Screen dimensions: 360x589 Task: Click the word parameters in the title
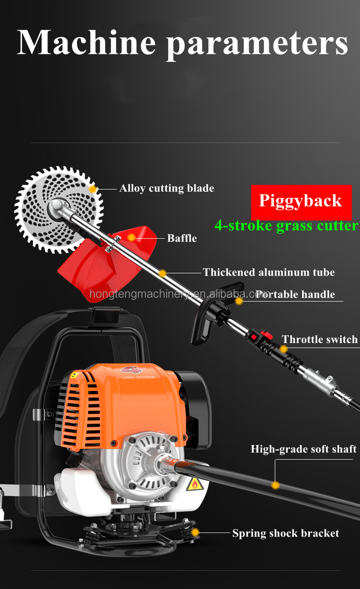pyautogui.click(x=257, y=43)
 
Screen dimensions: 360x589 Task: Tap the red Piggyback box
pyautogui.click(x=301, y=201)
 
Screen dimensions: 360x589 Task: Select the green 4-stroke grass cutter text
pyautogui.click(x=286, y=225)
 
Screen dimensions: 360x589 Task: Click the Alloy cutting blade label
pyautogui.click(x=166, y=188)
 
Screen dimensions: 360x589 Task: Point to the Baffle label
pyautogui.click(x=182, y=238)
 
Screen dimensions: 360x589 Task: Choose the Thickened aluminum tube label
pyautogui.click(x=268, y=272)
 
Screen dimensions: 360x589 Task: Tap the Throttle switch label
pyautogui.click(x=319, y=339)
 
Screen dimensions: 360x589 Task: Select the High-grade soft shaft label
pyautogui.click(x=303, y=449)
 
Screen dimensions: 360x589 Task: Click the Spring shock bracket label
pyautogui.click(x=286, y=533)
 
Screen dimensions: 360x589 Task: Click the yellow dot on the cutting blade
pyautogui.click(x=93, y=189)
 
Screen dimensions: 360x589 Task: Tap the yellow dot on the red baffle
pyautogui.click(x=132, y=237)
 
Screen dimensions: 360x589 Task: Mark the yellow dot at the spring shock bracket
pyautogui.click(x=195, y=532)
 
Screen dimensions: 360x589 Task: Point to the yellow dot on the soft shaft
pyautogui.click(x=275, y=486)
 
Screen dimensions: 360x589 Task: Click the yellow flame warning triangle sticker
pyautogui.click(x=195, y=484)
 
